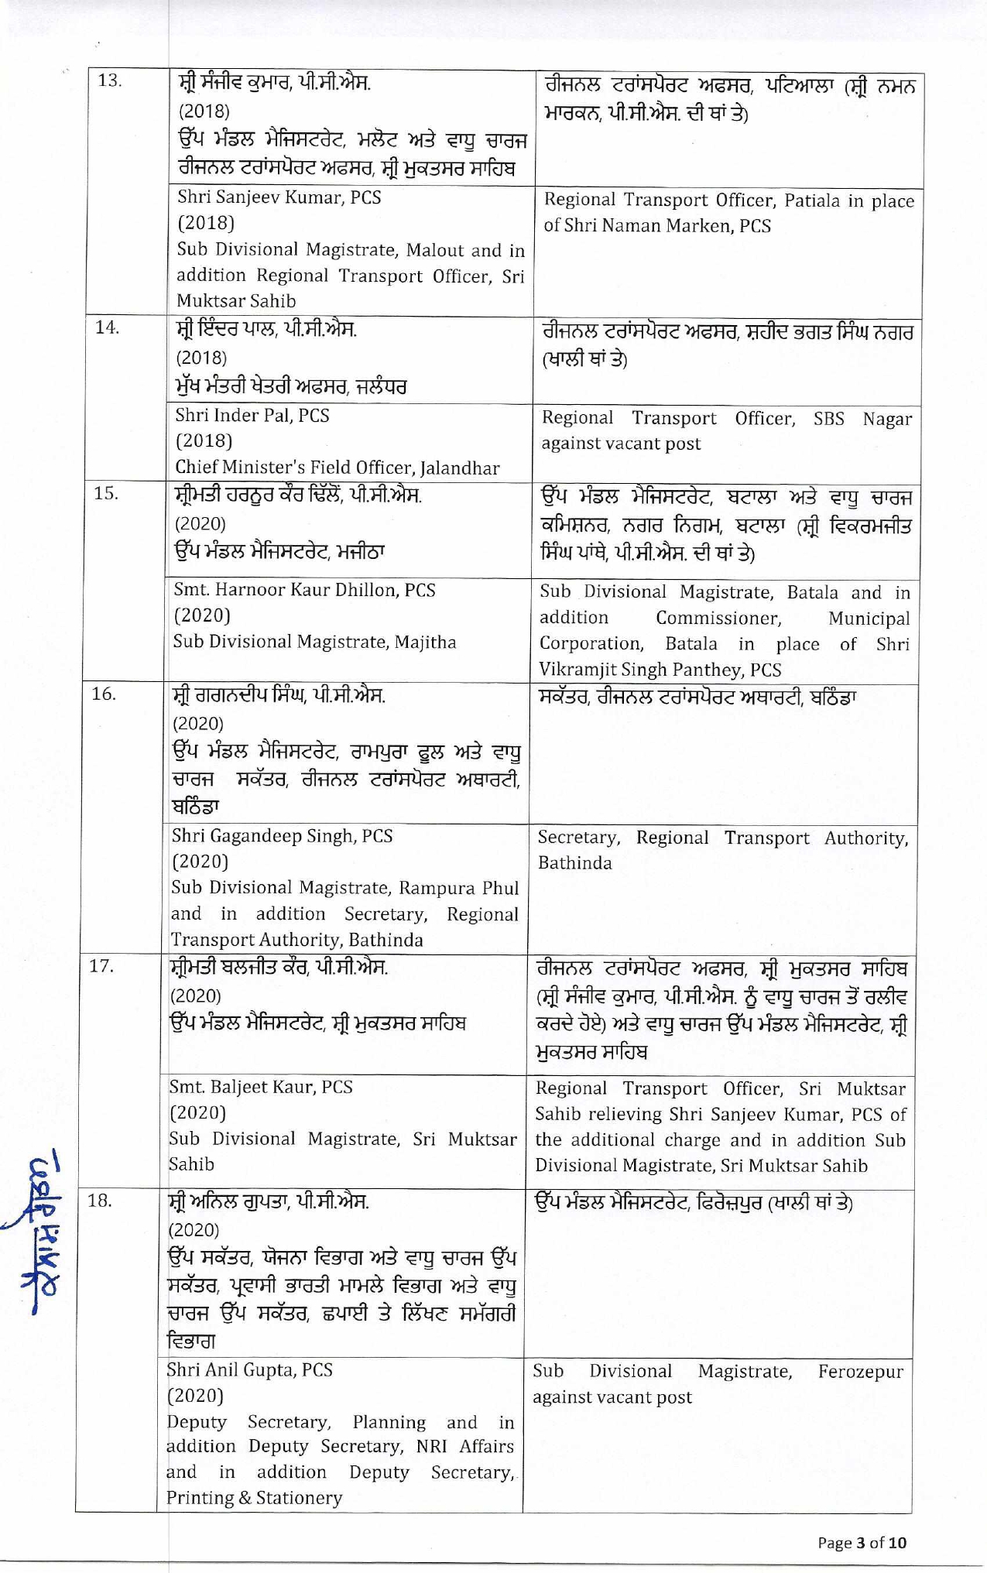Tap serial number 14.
coord(107,327)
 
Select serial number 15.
coord(106,493)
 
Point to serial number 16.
coord(105,694)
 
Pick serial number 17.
coord(103,966)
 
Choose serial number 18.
coord(101,1201)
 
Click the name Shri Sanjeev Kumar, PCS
coord(279,197)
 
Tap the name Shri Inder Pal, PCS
coord(252,416)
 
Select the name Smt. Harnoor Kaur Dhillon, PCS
coord(304,590)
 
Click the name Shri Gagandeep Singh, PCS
coord(282,836)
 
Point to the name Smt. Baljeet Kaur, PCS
coord(261,1087)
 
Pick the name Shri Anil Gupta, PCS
coord(250,1369)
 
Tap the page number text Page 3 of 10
coord(862,1543)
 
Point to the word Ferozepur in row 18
coord(860,1372)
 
